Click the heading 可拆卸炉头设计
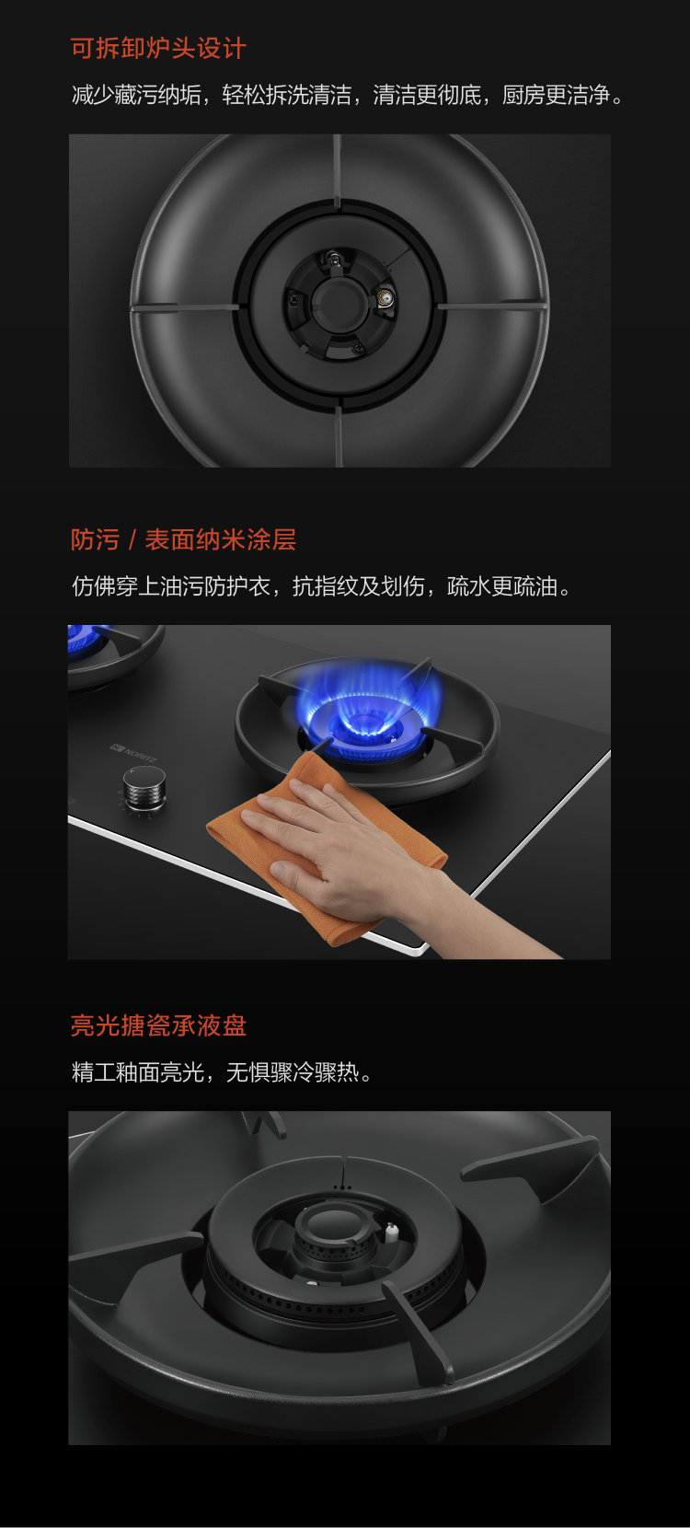pos(158,49)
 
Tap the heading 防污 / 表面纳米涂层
pos(183,539)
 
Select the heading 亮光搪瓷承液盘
pos(158,1026)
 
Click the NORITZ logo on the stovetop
pos(133,754)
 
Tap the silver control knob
pos(144,788)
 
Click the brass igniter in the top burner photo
pos(384,298)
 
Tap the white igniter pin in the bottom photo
pos(391,1232)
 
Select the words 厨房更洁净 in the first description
pos(556,95)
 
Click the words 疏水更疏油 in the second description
pos(502,586)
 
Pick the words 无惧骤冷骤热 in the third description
pos(293,1072)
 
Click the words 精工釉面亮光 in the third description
pos(138,1072)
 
